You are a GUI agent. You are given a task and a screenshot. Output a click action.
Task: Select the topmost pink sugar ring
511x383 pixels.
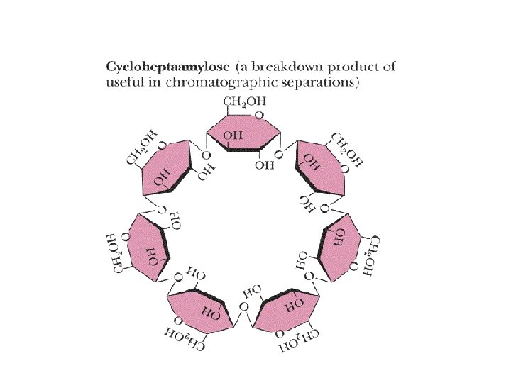tap(244, 133)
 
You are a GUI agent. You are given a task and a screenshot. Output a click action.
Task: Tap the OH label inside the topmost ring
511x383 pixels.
tap(233, 134)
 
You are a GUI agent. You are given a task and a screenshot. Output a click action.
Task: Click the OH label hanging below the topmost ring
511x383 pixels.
tap(264, 165)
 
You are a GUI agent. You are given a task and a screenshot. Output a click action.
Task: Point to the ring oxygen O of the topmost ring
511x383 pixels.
tap(260, 114)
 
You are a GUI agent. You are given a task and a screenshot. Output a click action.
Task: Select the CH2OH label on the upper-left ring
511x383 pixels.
tap(142, 146)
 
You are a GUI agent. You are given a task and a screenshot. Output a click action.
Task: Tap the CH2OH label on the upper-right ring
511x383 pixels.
tap(347, 148)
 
